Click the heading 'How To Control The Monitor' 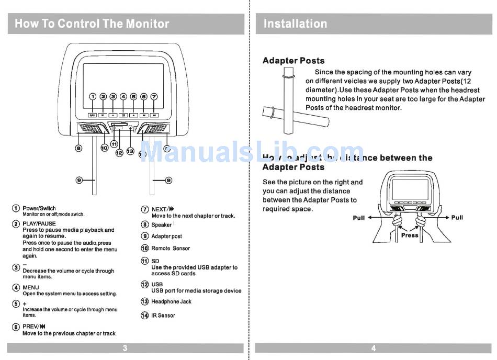point(92,24)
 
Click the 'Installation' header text point(295,24)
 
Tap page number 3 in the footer point(125,348)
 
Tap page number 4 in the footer point(373,348)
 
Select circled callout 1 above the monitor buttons point(93,97)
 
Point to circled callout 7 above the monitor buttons point(154,97)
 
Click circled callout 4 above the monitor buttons point(123,97)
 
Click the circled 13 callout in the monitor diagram point(130,151)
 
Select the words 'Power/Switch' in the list point(39,208)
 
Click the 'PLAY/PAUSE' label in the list point(39,223)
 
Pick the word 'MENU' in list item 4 point(31,287)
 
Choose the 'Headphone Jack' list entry point(171,302)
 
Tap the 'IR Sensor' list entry point(163,316)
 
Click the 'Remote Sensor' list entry point(171,249)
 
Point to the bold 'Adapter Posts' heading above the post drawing point(293,61)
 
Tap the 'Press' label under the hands point(410,235)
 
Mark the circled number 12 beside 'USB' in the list point(145,285)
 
